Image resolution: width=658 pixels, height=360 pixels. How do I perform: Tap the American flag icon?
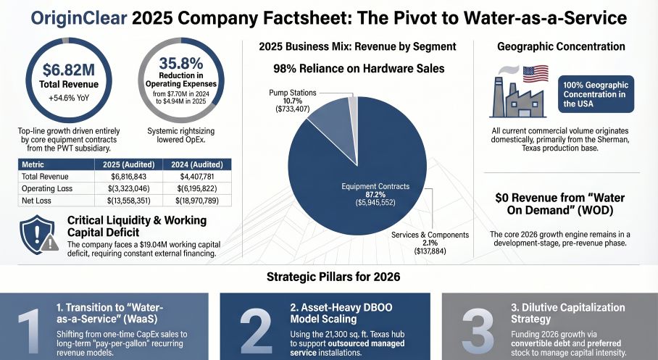(x=536, y=74)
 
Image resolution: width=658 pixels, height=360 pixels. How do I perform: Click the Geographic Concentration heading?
(x=561, y=46)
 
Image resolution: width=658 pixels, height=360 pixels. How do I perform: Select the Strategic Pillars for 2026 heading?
(x=328, y=277)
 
